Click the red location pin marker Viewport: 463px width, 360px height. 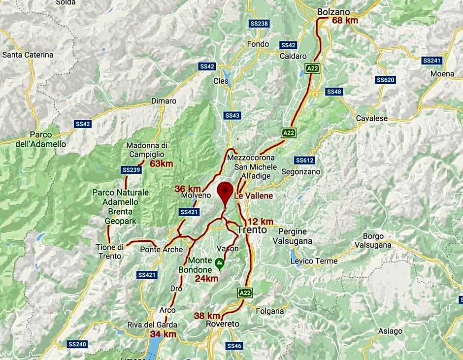pyautogui.click(x=226, y=191)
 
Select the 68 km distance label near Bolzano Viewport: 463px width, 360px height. pyautogui.click(x=345, y=20)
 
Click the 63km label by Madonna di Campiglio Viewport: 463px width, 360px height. pyautogui.click(x=162, y=164)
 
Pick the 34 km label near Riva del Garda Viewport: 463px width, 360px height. pyautogui.click(x=163, y=334)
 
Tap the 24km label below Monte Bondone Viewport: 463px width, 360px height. pyautogui.click(x=206, y=278)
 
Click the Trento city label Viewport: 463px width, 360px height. pyautogui.click(x=252, y=229)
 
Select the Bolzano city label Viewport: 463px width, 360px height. pyautogui.click(x=333, y=12)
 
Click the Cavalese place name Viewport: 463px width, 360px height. pyautogui.click(x=372, y=118)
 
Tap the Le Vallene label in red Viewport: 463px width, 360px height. pyautogui.click(x=253, y=196)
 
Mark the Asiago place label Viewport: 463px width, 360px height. pyautogui.click(x=391, y=331)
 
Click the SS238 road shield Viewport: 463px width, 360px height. pyautogui.click(x=259, y=24)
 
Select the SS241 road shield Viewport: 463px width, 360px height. pyautogui.click(x=432, y=61)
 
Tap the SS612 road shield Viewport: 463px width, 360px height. pyautogui.click(x=304, y=160)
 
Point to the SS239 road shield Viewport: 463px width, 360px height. pyautogui.click(x=131, y=170)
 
